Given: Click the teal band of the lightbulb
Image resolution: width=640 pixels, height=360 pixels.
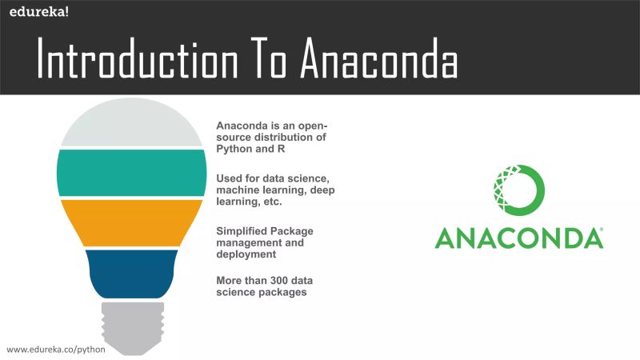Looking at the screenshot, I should tap(131, 173).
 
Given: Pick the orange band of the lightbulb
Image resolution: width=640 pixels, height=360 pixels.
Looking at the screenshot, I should tap(131, 222).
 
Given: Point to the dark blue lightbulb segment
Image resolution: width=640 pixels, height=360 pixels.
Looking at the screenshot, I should tap(131, 272).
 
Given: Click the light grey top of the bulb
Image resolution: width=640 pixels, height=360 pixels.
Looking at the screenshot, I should tap(131, 128).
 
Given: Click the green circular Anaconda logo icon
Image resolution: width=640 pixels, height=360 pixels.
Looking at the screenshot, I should tap(519, 190).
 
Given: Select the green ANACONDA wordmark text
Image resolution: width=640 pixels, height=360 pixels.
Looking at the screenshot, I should tap(518, 238).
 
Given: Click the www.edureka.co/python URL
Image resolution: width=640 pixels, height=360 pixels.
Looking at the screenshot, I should tap(46, 350).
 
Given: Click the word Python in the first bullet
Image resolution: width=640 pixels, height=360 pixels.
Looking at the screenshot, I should tap(234, 149).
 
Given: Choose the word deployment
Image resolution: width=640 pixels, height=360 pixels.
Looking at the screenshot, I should tap(246, 255).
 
